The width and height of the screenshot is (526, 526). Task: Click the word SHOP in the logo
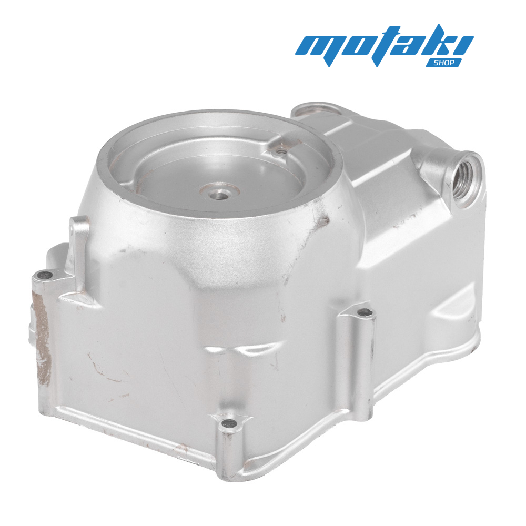(444, 63)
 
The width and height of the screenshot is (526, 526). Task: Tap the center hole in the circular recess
(219, 194)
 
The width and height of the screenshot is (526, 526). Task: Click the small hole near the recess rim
(279, 152)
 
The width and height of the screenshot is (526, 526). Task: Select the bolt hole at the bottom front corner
(229, 424)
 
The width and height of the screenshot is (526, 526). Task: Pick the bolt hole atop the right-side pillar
(365, 313)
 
